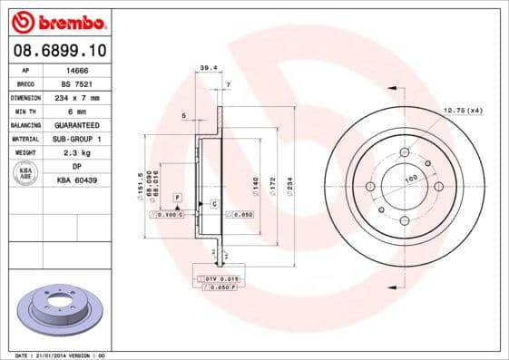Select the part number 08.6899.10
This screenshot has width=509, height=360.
(55, 50)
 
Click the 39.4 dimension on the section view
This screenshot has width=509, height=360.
(208, 67)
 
